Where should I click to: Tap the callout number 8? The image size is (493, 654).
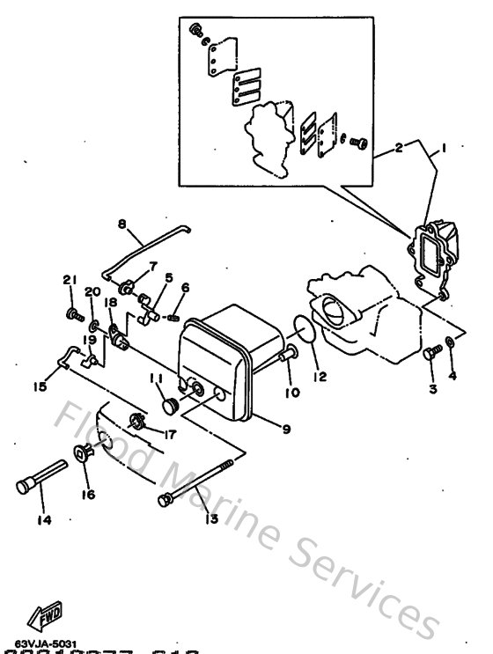pyautogui.click(x=122, y=224)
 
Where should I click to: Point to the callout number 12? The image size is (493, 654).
pyautogui.click(x=319, y=377)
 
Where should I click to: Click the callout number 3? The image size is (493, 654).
pyautogui.click(x=433, y=388)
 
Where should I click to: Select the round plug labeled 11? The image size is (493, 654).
pyautogui.click(x=169, y=405)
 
